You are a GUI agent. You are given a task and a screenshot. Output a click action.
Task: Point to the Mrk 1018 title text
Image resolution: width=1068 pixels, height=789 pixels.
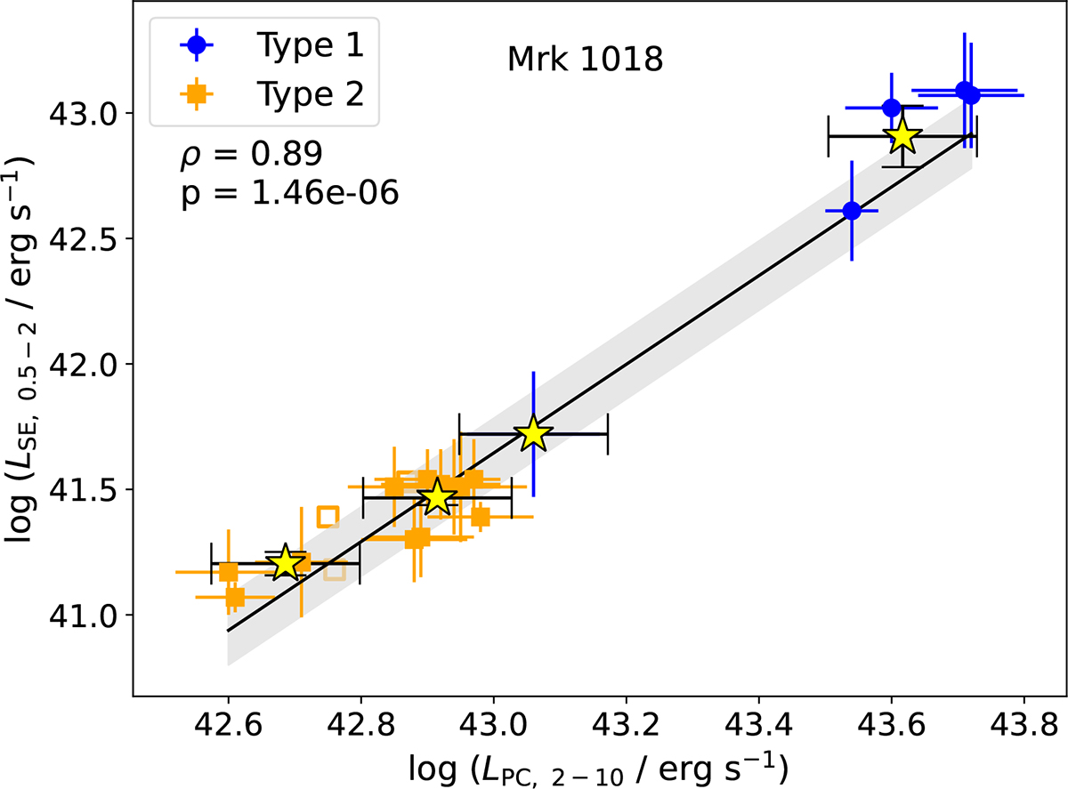coord(585,60)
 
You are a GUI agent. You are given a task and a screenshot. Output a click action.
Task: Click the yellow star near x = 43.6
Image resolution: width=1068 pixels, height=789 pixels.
coord(902,136)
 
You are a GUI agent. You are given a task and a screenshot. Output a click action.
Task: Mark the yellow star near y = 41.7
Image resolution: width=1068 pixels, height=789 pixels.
coord(533,434)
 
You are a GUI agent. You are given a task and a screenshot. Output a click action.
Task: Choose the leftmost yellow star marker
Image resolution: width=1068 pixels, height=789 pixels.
coord(285,563)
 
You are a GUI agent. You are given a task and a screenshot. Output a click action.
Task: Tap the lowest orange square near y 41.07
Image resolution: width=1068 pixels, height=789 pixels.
coord(235,597)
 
